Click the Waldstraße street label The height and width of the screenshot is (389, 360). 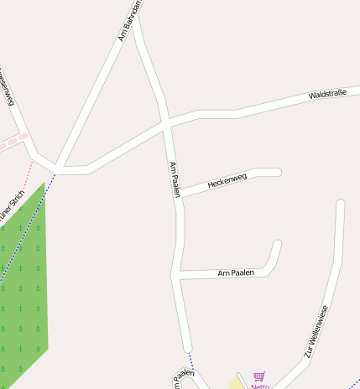point(327,94)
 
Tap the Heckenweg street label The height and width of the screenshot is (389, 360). point(227,179)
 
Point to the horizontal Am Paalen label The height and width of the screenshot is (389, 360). point(235,273)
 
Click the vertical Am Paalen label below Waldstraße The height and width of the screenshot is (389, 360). point(175,179)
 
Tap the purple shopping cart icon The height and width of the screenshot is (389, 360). point(258,377)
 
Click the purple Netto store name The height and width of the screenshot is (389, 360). point(259,386)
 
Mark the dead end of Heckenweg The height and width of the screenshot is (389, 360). point(276,173)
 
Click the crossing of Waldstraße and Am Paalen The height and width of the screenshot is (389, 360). point(166,123)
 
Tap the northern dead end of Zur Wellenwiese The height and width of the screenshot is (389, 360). point(340,204)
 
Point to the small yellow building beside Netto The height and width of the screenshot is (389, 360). point(236,382)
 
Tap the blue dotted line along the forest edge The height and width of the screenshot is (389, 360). point(25,227)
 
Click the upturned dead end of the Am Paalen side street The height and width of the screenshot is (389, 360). point(277,245)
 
